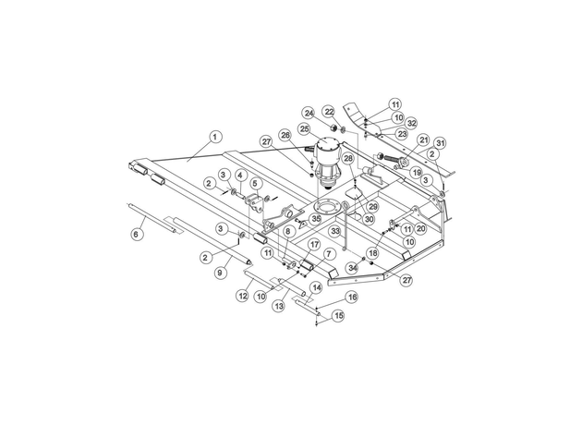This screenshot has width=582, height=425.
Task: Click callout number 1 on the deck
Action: [x=215, y=137]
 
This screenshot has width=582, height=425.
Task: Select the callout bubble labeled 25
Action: [x=304, y=128]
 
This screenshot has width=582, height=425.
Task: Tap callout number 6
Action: [x=136, y=235]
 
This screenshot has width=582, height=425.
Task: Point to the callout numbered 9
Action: [x=220, y=273]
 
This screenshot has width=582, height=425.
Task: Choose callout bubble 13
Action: [x=279, y=306]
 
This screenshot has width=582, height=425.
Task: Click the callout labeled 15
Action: [x=338, y=316]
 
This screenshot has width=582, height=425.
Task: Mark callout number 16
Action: [x=351, y=297]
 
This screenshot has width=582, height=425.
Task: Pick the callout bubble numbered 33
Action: [x=335, y=231]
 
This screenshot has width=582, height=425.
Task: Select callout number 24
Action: [x=309, y=113]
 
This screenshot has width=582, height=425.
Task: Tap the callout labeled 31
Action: [x=440, y=143]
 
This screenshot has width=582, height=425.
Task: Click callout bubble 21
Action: [x=423, y=140]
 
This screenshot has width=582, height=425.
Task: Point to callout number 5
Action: [x=255, y=183]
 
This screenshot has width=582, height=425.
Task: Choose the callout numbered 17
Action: [x=314, y=245]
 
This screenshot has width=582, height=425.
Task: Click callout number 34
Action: [x=352, y=267]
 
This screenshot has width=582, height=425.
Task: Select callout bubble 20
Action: [x=420, y=228]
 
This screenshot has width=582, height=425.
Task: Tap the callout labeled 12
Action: [x=243, y=296]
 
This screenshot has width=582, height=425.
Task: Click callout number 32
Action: [x=411, y=123]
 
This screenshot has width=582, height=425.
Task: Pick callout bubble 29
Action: [x=372, y=206]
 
